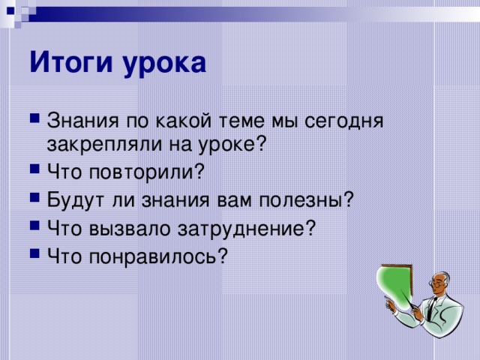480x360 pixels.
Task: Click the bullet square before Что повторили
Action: coord(35,172)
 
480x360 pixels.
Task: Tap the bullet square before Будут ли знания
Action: coord(35,199)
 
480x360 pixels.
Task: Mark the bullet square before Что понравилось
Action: coord(35,255)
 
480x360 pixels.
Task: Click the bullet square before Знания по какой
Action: coord(35,121)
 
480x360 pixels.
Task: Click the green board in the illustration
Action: coord(397,289)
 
